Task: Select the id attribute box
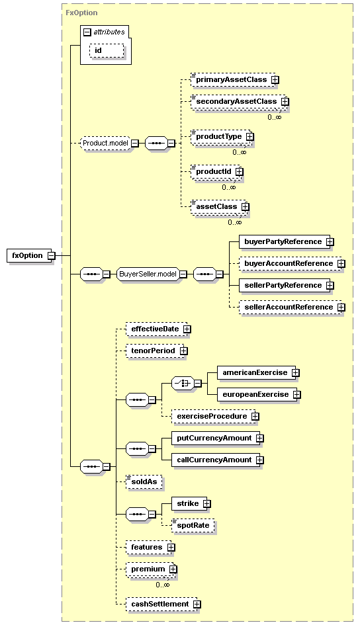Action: [x=107, y=51]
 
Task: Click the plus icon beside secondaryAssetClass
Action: [x=285, y=102]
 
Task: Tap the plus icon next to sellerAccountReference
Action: [x=341, y=308]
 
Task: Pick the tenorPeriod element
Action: [x=155, y=351]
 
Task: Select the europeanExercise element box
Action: [x=257, y=395]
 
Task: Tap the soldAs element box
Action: [x=144, y=482]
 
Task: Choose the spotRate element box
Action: [x=193, y=525]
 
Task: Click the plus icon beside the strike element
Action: [x=206, y=504]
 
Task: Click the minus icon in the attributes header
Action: [x=87, y=32]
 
